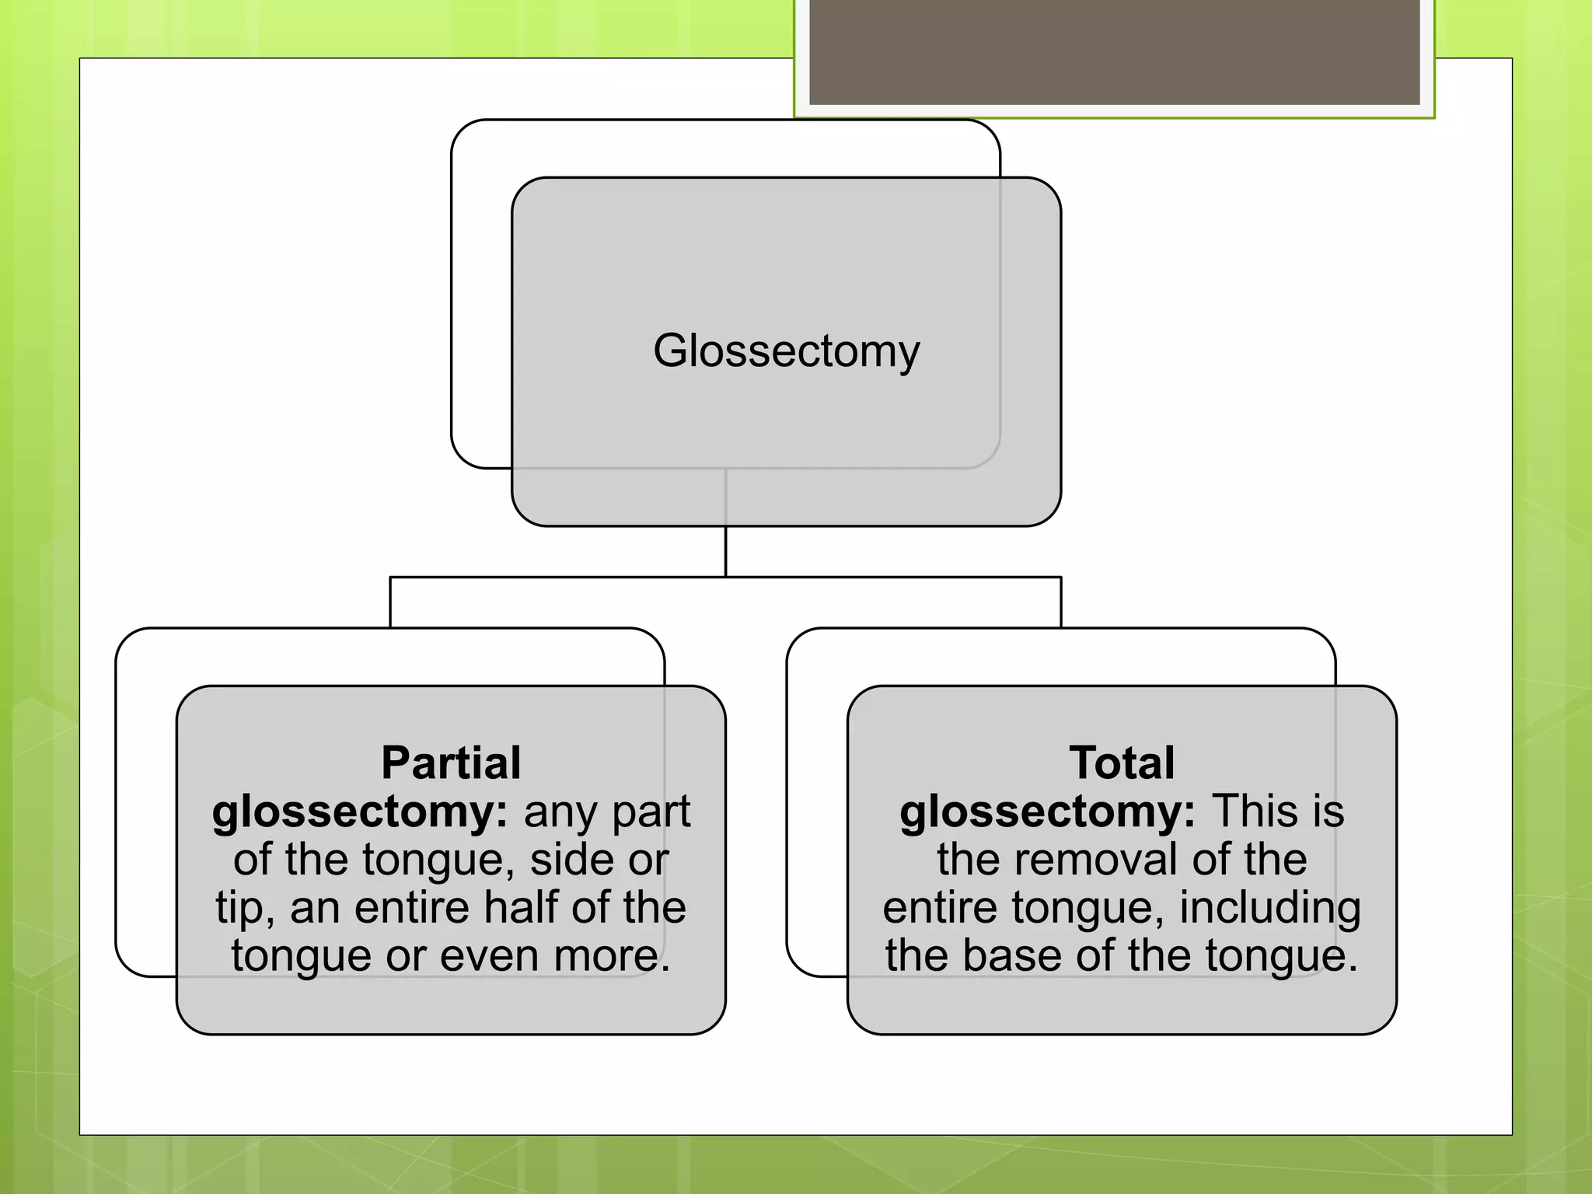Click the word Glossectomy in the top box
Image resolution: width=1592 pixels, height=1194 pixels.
pos(786,351)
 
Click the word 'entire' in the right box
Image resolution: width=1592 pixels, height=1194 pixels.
pos(940,908)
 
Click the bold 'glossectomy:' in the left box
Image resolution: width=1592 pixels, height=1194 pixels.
pos(360,813)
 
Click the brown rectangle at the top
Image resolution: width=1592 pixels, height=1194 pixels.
pos(1114,51)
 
